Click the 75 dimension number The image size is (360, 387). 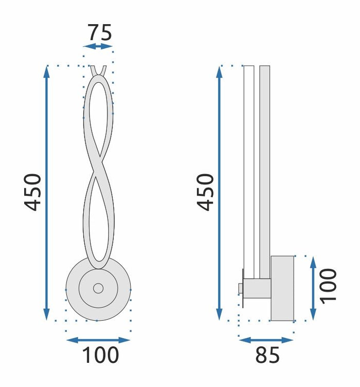click(x=99, y=33)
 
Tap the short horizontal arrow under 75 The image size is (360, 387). click(x=98, y=47)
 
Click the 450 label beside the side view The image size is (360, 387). click(x=206, y=192)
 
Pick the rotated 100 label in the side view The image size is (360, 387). click(x=328, y=286)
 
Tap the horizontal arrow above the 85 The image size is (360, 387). click(x=266, y=340)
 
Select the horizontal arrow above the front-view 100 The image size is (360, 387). click(x=98, y=340)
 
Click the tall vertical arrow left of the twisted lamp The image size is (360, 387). click(x=47, y=193)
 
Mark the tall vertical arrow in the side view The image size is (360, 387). click(x=220, y=193)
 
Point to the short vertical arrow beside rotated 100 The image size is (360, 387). click(x=313, y=288)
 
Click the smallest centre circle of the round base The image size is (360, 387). click(x=98, y=288)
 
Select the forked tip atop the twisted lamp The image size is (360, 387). click(x=98, y=70)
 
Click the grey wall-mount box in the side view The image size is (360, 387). click(x=282, y=288)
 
